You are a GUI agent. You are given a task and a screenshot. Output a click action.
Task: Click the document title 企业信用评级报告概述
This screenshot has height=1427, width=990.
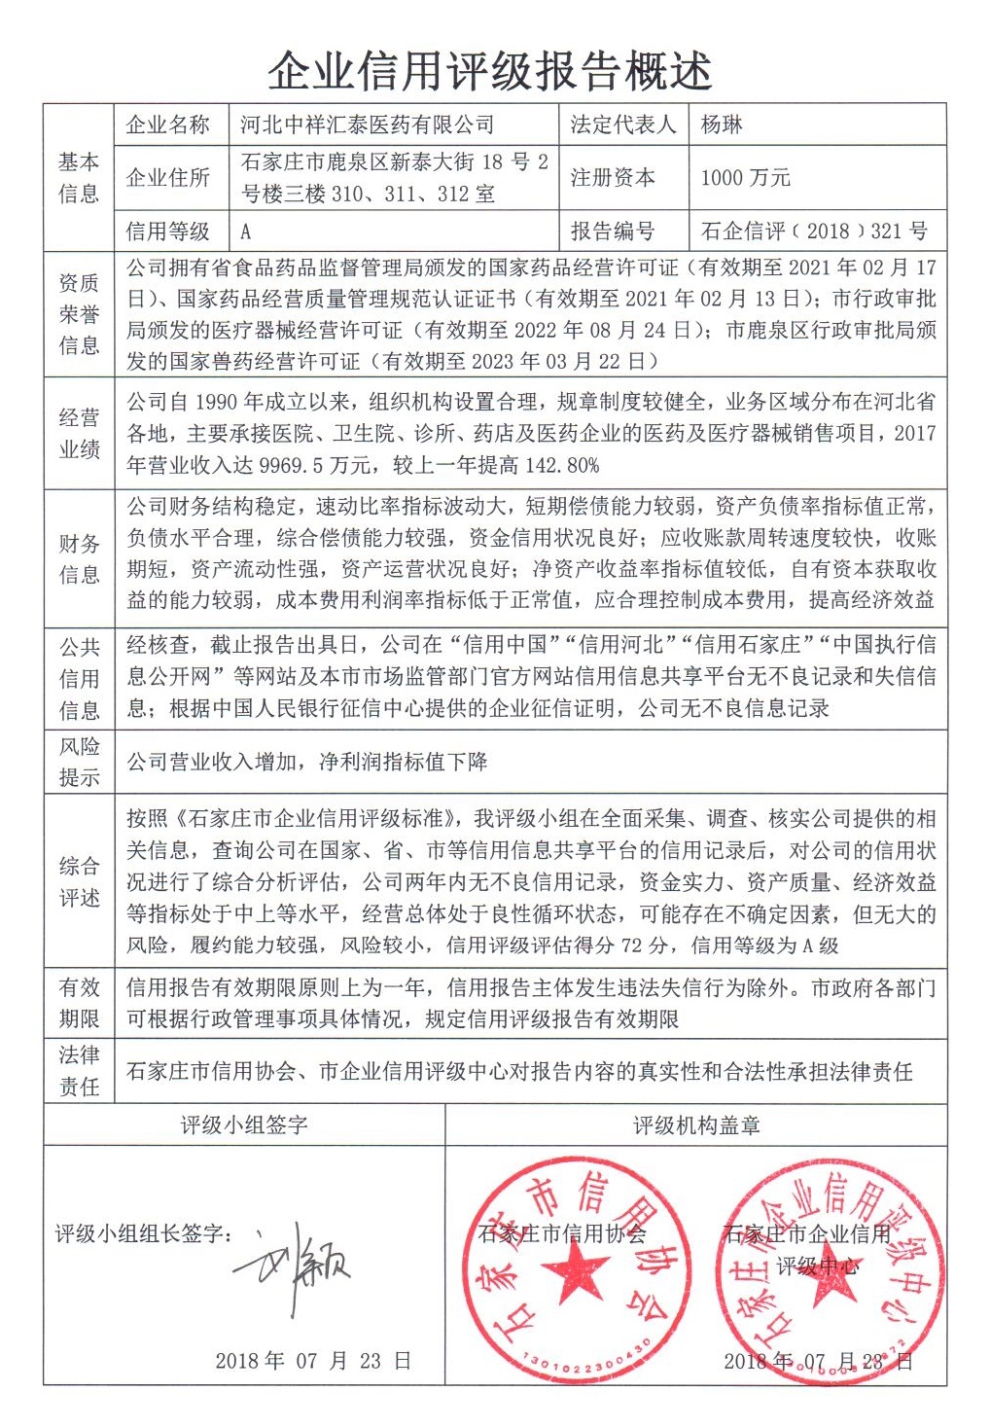(x=490, y=70)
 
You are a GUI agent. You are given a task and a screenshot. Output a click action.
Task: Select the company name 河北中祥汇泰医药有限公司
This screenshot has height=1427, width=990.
(x=367, y=125)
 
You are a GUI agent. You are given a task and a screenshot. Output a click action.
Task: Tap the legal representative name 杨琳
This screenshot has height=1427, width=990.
(x=722, y=125)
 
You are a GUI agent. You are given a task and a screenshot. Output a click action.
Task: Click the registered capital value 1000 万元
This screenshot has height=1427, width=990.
(x=745, y=177)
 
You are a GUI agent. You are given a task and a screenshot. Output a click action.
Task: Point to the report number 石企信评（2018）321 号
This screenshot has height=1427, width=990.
(x=814, y=231)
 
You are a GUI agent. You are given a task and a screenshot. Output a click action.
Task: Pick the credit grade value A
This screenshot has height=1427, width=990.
(x=246, y=232)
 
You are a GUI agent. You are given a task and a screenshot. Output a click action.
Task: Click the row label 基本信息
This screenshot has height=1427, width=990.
(x=79, y=177)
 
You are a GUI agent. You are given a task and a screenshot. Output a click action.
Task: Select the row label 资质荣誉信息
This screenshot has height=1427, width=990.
(x=79, y=313)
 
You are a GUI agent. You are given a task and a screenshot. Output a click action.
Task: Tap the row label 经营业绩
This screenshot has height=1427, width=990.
(x=79, y=433)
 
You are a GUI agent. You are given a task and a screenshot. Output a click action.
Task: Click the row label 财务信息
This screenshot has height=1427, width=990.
(x=79, y=558)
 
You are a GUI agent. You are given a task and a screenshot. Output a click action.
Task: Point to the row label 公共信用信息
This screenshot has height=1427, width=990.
(x=79, y=678)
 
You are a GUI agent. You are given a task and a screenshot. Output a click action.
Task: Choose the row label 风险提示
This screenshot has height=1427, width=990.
(x=79, y=762)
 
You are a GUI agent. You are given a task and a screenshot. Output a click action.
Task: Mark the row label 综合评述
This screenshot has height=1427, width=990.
(x=79, y=881)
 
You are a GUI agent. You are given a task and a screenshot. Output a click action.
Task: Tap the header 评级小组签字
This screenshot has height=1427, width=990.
(x=244, y=1125)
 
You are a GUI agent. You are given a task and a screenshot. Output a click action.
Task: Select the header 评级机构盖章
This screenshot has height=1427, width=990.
(x=696, y=1125)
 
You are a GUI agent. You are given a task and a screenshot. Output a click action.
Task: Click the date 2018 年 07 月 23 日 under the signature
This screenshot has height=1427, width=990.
(x=313, y=1361)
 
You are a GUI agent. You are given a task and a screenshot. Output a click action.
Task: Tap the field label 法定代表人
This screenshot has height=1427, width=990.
(x=622, y=125)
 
